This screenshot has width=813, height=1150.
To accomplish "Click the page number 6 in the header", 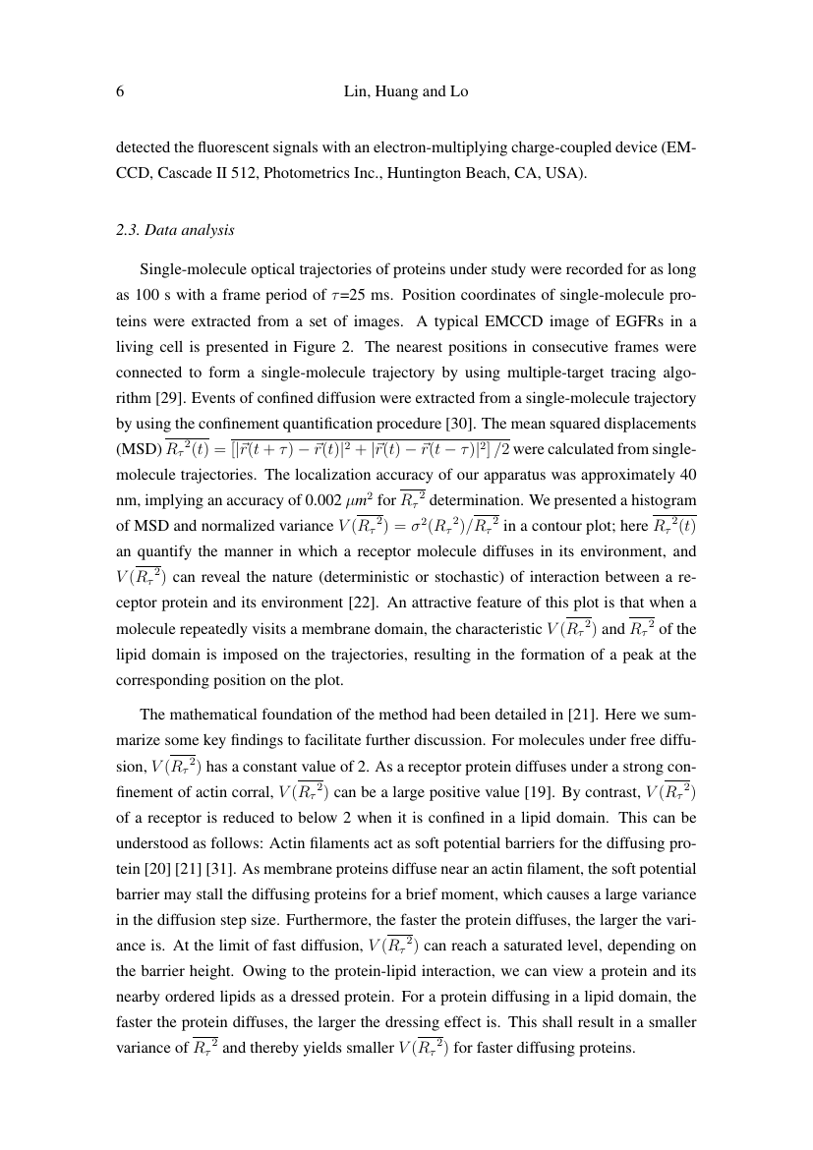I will click(120, 91).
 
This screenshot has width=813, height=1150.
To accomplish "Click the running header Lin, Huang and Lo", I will click(406, 91).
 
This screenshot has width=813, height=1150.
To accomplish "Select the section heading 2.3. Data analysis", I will click(175, 231).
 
